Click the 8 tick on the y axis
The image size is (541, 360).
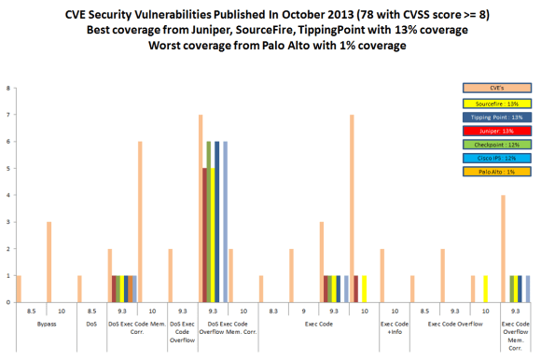coord(9,90)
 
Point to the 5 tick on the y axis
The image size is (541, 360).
coord(9,169)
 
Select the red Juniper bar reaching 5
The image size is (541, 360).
coord(204,235)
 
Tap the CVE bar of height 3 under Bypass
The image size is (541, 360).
coord(49,262)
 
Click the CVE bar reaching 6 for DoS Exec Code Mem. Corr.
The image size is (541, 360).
coord(140,222)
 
